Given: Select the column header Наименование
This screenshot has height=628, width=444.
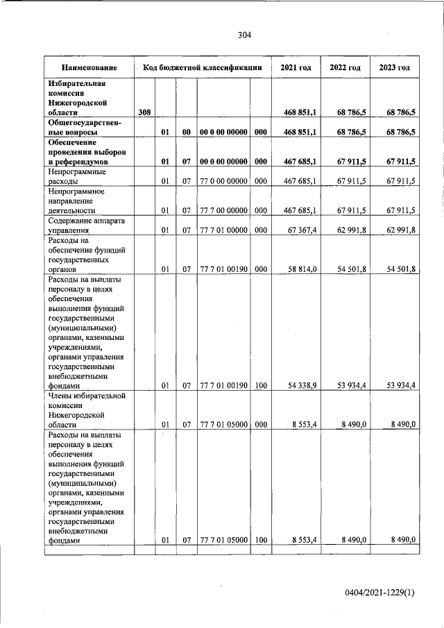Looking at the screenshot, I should coord(89,68).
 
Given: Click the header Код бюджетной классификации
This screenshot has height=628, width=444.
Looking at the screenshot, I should coord(202,68).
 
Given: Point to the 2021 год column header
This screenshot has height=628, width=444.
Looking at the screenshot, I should coord(296,68).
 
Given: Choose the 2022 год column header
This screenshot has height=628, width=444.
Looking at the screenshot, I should coord(345,68).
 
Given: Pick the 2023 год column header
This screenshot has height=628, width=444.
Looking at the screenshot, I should coord(394,68).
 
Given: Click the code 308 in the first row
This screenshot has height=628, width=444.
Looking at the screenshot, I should coord(144,112).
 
